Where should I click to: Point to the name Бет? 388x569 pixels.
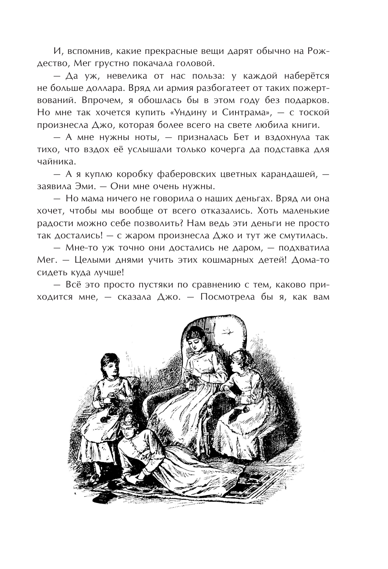[x=256, y=138]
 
